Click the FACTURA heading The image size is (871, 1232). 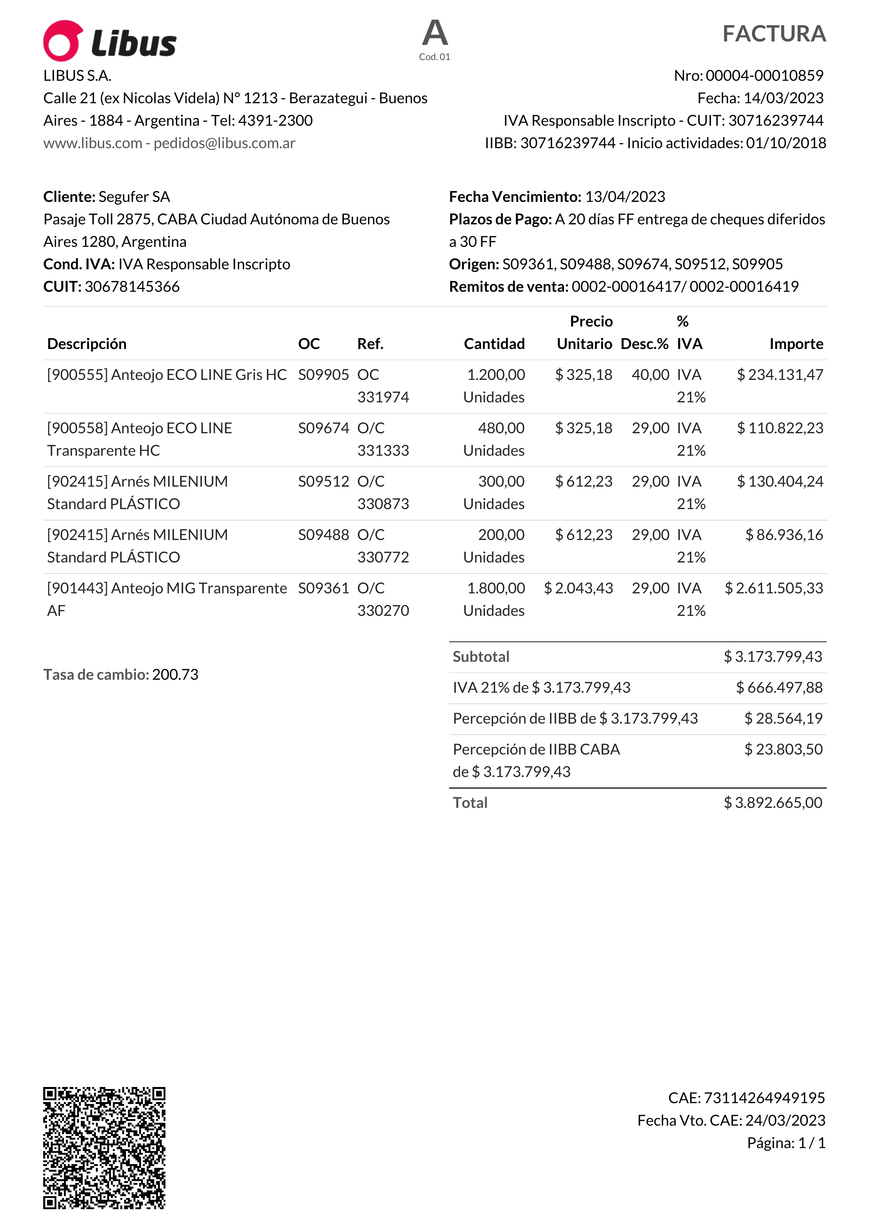click(x=773, y=34)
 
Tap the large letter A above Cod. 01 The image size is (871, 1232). click(x=435, y=33)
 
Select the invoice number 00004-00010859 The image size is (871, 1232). click(x=764, y=75)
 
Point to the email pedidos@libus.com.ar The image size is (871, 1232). click(x=224, y=143)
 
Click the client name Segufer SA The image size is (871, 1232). click(x=134, y=197)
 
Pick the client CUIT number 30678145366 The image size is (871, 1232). click(x=132, y=286)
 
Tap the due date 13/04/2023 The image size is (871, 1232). click(x=625, y=197)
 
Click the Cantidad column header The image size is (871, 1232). click(x=494, y=344)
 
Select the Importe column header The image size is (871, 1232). click(x=796, y=344)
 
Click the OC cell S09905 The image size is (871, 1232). click(x=323, y=375)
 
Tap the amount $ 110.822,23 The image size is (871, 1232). click(x=780, y=428)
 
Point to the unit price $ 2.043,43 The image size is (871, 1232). click(x=578, y=588)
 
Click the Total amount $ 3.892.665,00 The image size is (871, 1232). click(x=773, y=803)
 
